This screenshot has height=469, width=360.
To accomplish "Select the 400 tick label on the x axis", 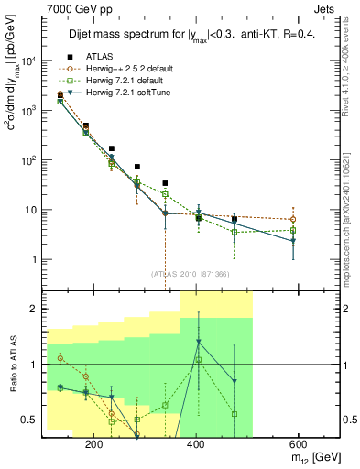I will (195, 442).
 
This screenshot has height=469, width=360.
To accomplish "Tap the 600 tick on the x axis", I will (295, 442).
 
